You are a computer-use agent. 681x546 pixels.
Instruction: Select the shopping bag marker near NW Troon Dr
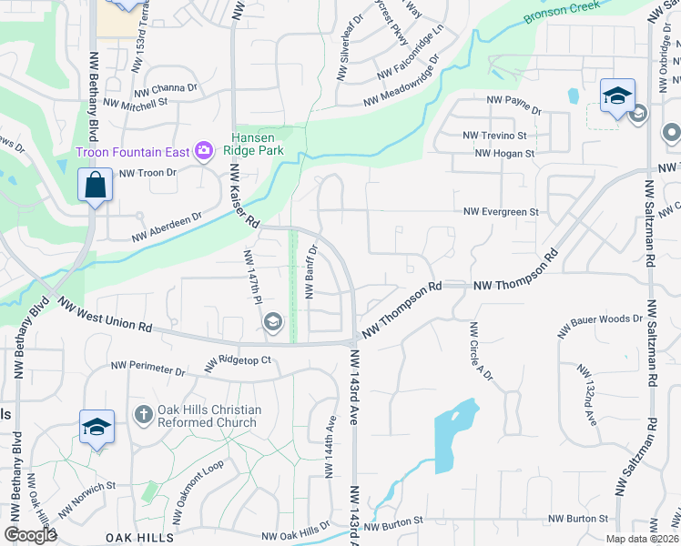pyautogui.click(x=95, y=186)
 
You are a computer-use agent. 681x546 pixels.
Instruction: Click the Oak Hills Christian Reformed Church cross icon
pyautogui.click(x=143, y=416)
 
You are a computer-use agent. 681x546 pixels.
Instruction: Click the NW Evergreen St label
pyautogui.click(x=501, y=212)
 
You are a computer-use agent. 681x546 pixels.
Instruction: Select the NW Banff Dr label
pyautogui.click(x=311, y=272)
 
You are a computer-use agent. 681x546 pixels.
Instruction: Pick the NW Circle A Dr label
pyautogui.click(x=481, y=351)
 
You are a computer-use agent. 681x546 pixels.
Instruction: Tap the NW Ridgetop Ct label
pyautogui.click(x=239, y=361)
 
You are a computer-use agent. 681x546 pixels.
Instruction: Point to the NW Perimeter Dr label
pyautogui.click(x=147, y=369)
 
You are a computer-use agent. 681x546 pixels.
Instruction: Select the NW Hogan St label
pyautogui.click(x=503, y=154)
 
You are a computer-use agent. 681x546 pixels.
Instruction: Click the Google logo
pyautogui.click(x=30, y=535)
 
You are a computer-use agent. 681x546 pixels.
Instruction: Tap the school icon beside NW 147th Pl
pyautogui.click(x=272, y=322)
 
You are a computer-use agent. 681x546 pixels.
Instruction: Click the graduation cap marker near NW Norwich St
pyautogui.click(x=97, y=428)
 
